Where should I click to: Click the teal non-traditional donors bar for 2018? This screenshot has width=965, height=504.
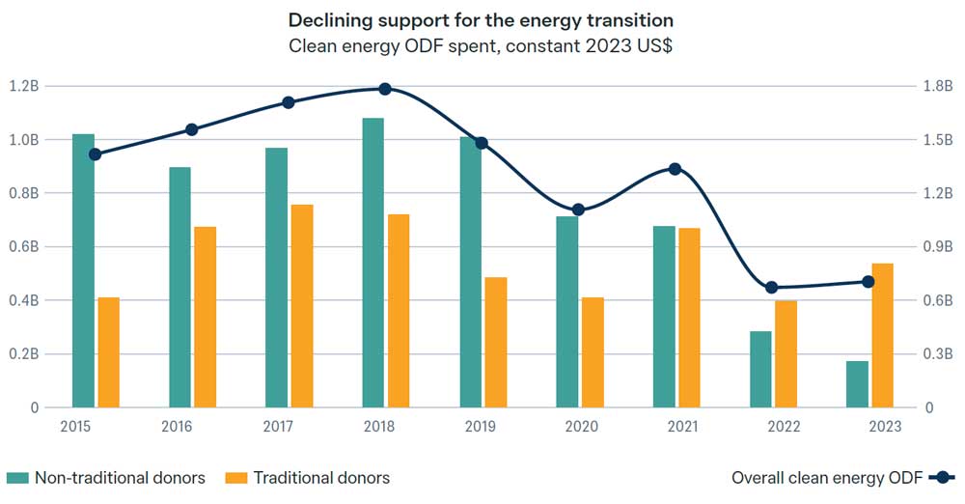(x=373, y=263)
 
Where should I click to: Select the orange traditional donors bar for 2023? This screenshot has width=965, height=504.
(x=882, y=335)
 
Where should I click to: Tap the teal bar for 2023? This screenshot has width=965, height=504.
(x=857, y=384)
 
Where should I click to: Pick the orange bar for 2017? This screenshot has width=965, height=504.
(x=302, y=306)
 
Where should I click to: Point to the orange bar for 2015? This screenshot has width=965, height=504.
(x=109, y=352)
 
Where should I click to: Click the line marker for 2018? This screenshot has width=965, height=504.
(x=385, y=89)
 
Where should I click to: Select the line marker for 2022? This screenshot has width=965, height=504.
(x=771, y=288)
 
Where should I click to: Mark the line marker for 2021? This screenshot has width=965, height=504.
(x=675, y=169)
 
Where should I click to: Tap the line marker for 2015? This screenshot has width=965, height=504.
(x=95, y=154)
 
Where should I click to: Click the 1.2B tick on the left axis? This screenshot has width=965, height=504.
(x=23, y=86)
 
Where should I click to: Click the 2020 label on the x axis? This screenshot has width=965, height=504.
(x=581, y=426)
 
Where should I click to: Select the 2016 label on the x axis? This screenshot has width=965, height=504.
(x=177, y=426)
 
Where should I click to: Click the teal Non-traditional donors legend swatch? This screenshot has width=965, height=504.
(x=17, y=478)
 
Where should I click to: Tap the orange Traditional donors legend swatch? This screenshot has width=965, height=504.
(x=236, y=478)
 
